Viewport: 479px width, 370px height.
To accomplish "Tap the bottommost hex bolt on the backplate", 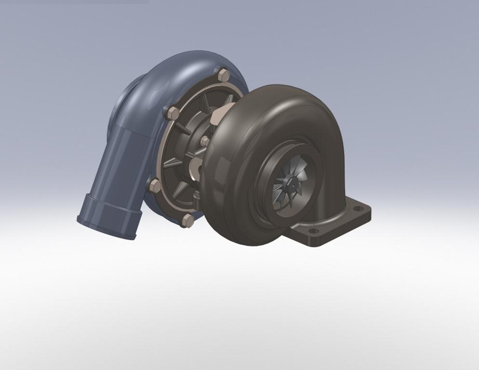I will click(x=187, y=220).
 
